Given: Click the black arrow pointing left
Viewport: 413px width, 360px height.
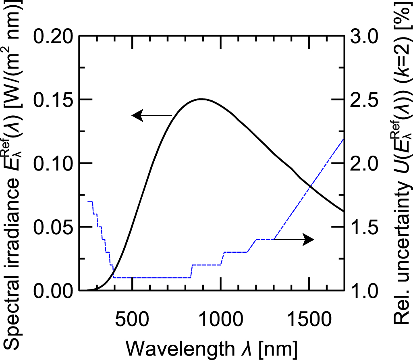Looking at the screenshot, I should [152, 116].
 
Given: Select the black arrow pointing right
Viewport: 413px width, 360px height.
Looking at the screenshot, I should [294, 239].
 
